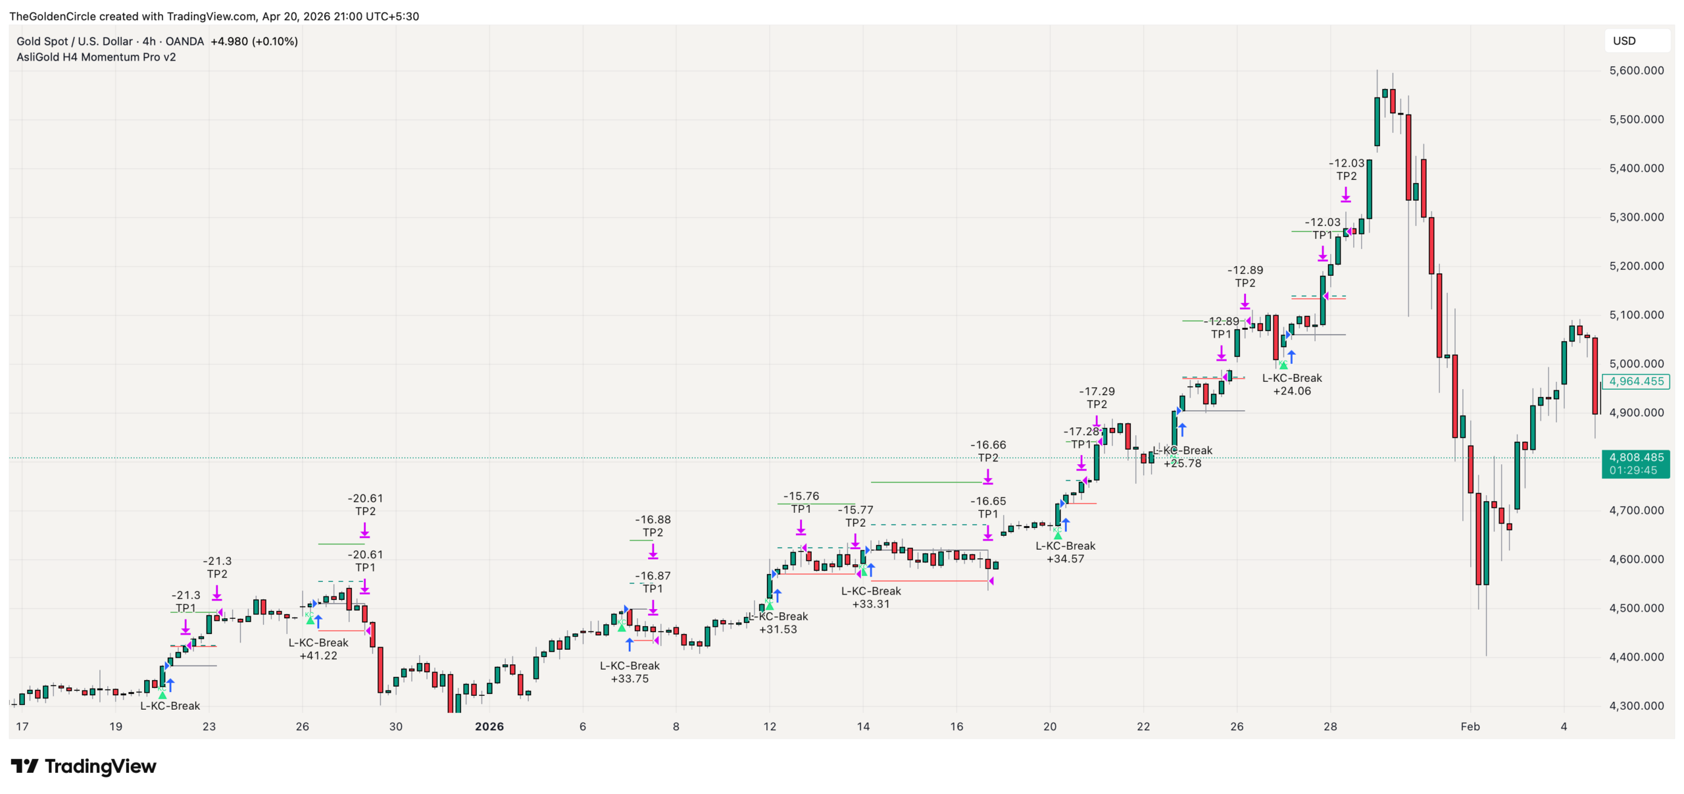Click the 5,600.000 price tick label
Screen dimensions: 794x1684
point(1635,70)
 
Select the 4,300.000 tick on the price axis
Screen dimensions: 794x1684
point(1635,706)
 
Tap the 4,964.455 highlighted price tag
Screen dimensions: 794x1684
point(1635,381)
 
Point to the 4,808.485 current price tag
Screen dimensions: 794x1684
point(1635,458)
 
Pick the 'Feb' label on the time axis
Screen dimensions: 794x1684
point(1470,726)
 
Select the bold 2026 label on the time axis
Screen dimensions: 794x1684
point(489,726)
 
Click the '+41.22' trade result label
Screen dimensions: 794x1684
point(318,656)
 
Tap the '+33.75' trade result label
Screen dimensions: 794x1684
point(630,679)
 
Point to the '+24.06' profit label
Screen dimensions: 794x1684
point(1291,391)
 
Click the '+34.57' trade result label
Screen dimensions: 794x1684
point(1065,559)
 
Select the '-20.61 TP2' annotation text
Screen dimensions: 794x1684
point(365,504)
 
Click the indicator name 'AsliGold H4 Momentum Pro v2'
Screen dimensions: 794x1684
point(96,57)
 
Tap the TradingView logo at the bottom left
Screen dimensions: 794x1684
point(84,766)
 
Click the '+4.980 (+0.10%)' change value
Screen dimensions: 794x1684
point(254,41)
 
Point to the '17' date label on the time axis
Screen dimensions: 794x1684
point(22,726)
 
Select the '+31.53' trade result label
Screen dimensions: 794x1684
point(778,629)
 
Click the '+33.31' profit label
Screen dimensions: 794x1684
point(870,604)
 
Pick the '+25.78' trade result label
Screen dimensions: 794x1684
point(1182,463)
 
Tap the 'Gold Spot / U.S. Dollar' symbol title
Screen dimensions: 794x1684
point(75,41)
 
